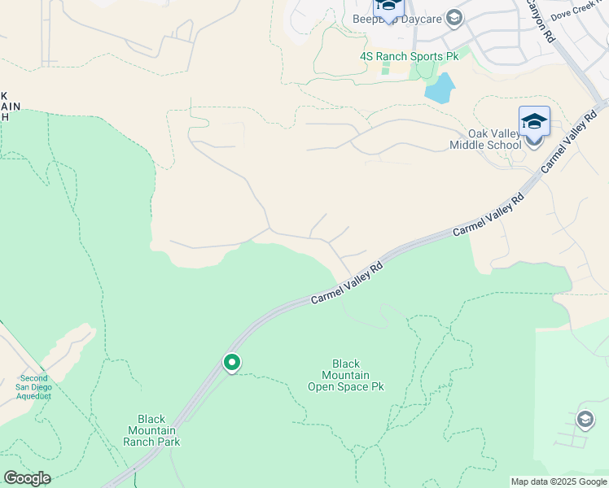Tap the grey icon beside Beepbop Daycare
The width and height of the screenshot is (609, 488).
(454, 19)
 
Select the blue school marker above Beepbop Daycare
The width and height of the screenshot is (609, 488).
(388, 6)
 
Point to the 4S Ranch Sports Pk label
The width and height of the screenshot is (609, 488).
(410, 56)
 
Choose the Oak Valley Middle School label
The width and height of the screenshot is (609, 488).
(485, 140)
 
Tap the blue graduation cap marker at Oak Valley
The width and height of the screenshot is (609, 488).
(534, 122)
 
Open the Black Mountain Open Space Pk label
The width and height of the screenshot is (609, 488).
(345, 376)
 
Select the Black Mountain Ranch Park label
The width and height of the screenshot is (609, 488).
(151, 431)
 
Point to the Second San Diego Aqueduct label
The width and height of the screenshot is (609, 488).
(34, 387)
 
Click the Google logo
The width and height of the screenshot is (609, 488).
(27, 478)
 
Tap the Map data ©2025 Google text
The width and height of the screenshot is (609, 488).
(558, 481)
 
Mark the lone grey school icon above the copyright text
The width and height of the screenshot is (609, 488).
(585, 420)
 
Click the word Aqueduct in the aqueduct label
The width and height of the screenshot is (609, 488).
(35, 396)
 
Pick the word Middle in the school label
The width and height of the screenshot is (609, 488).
(468, 146)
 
